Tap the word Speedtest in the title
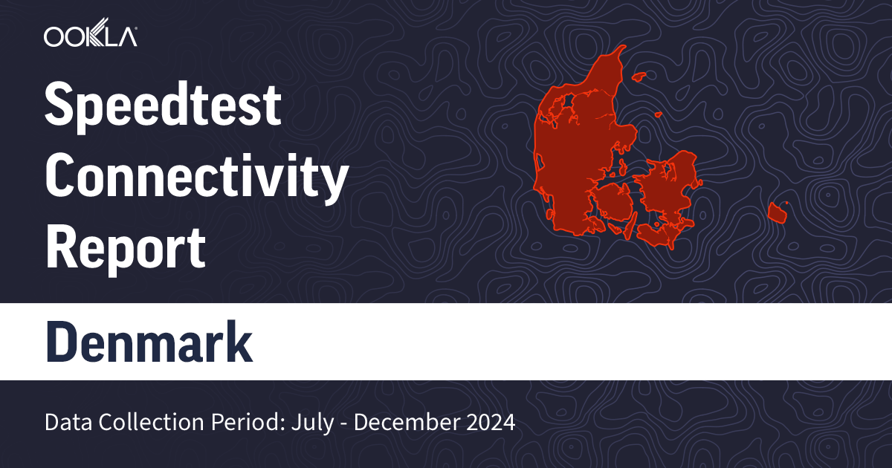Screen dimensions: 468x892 pyautogui.click(x=164, y=105)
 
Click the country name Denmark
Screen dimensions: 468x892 pyautogui.click(x=149, y=342)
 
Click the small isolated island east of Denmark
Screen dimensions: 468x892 pyautogui.click(x=778, y=212)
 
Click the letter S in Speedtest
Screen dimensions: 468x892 pyautogui.click(x=59, y=105)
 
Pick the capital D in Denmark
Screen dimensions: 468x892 pyautogui.click(x=62, y=342)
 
